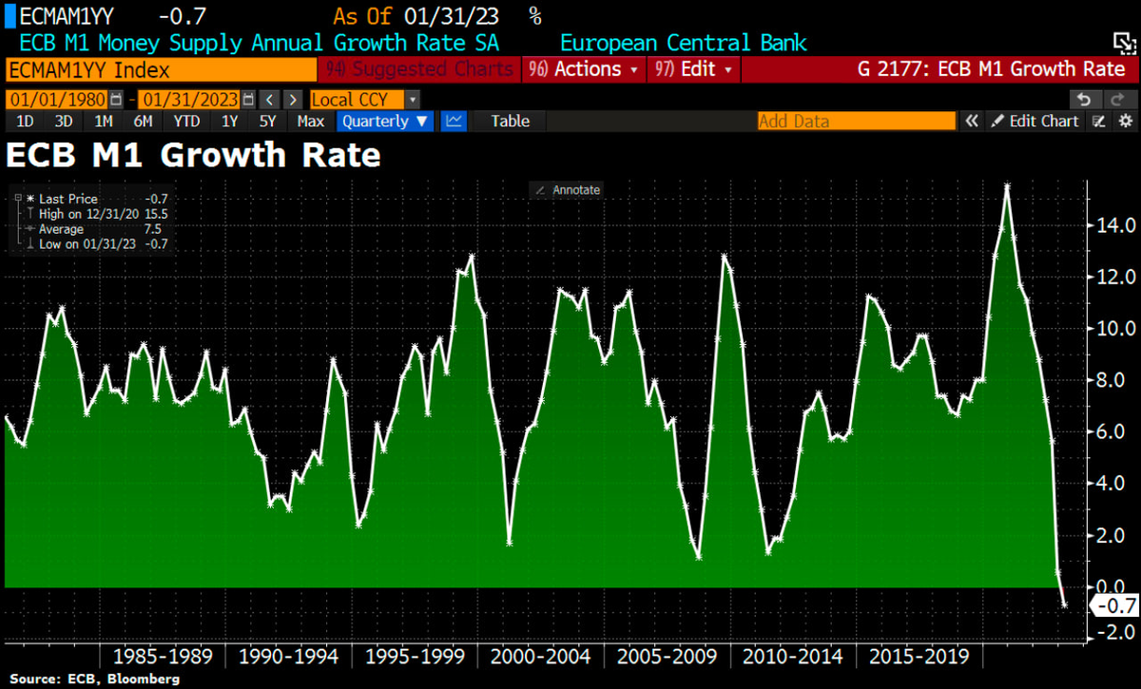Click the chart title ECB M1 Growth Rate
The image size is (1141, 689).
click(x=194, y=155)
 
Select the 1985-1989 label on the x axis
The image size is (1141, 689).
click(x=164, y=657)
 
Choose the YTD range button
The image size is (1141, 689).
click(x=187, y=121)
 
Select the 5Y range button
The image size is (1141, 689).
click(x=267, y=121)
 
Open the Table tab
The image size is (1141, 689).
click(x=511, y=121)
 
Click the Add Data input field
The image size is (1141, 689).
click(x=856, y=121)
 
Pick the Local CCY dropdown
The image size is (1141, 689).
click(x=364, y=100)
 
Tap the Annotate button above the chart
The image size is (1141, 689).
click(x=568, y=190)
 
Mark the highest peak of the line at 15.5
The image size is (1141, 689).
click(x=1007, y=185)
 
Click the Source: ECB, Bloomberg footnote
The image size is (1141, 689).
click(x=96, y=679)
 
